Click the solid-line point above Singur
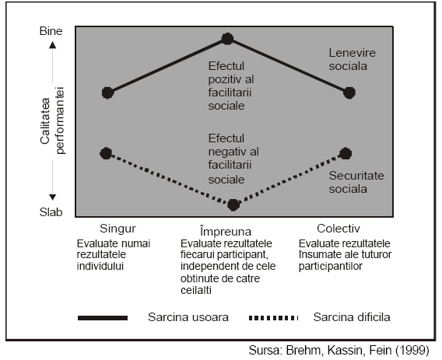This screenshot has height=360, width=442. point(107,93)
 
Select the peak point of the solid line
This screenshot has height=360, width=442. point(227,39)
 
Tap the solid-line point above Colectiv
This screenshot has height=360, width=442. point(349,93)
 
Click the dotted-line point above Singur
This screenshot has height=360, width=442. point(106,153)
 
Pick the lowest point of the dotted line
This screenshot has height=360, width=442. point(233,204)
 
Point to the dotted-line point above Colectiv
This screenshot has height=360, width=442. point(346,153)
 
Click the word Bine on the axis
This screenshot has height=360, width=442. point(51,31)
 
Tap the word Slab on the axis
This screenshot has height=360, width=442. point(51,212)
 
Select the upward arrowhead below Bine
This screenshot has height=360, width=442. point(53,45)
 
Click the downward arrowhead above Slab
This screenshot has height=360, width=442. point(53,197)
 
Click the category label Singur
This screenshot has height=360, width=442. point(118,229)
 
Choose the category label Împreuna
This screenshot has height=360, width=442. point(226,231)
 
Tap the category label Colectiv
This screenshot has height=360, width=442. point(339,229)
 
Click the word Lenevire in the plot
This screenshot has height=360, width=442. point(352,53)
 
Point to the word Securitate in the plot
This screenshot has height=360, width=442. point(356,176)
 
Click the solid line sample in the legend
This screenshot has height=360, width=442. point(103,318)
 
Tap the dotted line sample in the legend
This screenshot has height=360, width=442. point(273,318)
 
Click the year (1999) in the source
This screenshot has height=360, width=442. point(412,351)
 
